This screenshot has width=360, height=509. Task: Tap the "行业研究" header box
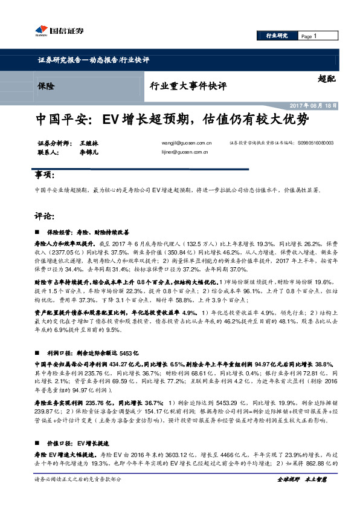tap(277, 36)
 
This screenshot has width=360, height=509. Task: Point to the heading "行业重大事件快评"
tap(188, 86)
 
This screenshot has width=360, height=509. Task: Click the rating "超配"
tap(326, 78)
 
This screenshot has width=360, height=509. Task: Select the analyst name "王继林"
tap(88, 143)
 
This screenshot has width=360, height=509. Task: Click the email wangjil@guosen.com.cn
tap(187, 143)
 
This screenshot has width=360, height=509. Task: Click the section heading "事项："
tap(46, 175)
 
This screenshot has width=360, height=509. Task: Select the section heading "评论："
tap(46, 215)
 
